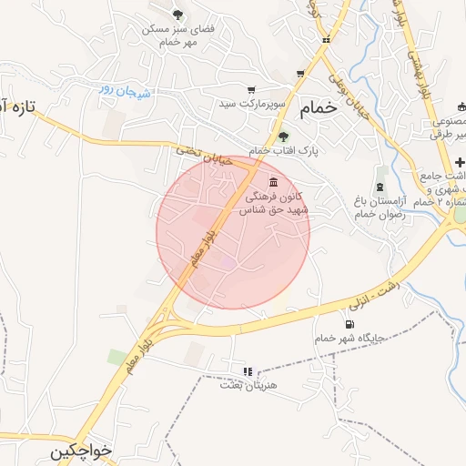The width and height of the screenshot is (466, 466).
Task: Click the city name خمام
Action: [312, 106]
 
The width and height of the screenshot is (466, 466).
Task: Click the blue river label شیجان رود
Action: [123, 90]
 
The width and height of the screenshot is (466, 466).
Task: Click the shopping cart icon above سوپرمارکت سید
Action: [299, 75]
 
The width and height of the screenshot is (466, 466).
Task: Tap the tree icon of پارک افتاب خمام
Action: [283, 137]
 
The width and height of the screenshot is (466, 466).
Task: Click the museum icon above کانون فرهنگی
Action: [274, 181]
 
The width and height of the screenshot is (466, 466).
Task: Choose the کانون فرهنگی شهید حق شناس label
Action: [274, 203]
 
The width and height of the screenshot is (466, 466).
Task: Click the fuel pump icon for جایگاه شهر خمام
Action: [348, 324]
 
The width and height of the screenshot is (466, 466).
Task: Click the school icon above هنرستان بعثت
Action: [247, 370]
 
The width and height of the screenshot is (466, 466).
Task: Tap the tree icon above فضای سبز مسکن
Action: [177, 13]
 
